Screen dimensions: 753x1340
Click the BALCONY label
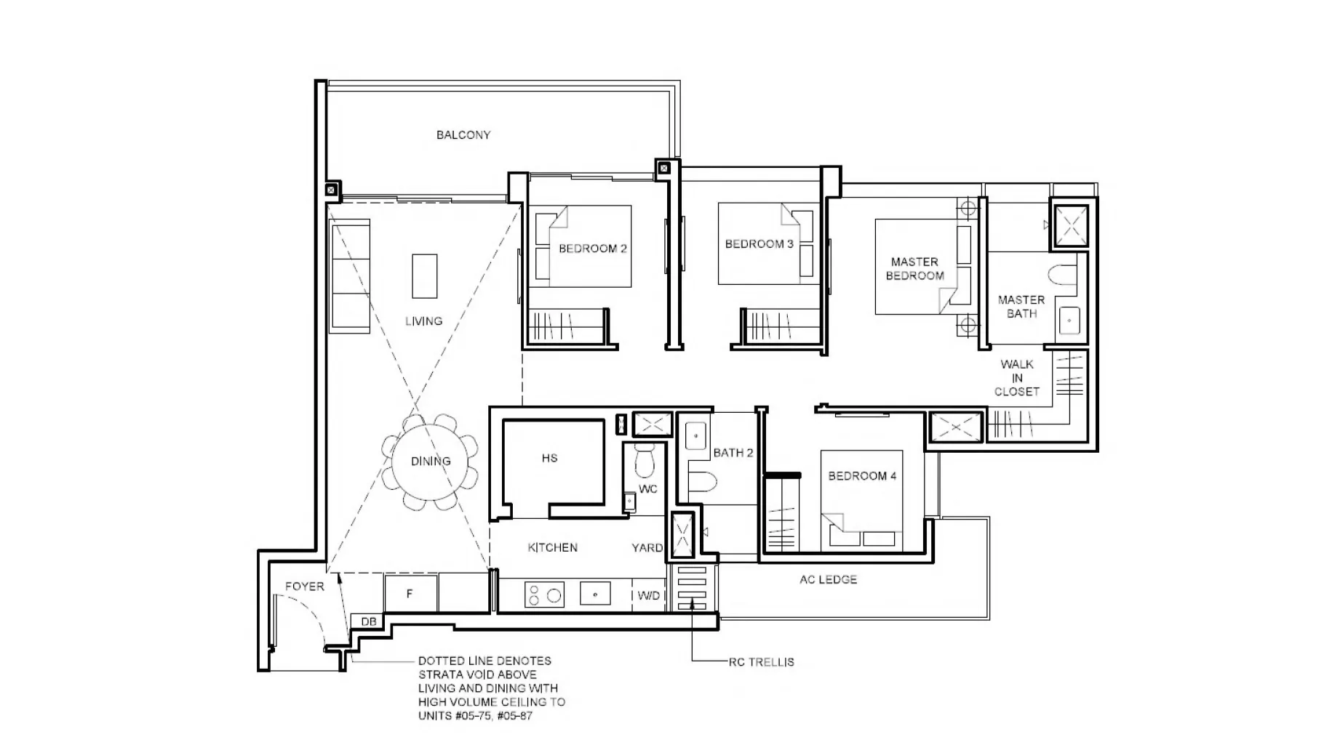(x=463, y=135)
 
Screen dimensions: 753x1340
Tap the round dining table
(x=430, y=462)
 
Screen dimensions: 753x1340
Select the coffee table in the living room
(x=425, y=275)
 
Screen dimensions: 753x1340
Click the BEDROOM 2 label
(x=592, y=249)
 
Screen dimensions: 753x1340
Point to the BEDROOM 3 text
(x=759, y=244)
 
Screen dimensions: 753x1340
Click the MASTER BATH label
(x=1021, y=307)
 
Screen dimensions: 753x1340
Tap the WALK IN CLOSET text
(x=1016, y=378)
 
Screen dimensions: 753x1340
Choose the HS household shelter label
(x=549, y=458)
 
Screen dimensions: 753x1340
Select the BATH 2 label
(x=733, y=453)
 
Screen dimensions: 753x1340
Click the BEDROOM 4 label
(x=862, y=476)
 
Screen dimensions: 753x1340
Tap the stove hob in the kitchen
(x=544, y=595)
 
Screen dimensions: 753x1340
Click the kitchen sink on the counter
(x=595, y=595)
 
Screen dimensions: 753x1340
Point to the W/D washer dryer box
(x=648, y=596)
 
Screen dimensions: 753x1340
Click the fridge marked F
(x=410, y=594)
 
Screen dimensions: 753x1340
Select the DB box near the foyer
(x=368, y=621)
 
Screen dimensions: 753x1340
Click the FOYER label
(x=304, y=587)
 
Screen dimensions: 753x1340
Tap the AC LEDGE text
(x=828, y=580)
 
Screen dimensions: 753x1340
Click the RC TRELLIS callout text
(x=761, y=662)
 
